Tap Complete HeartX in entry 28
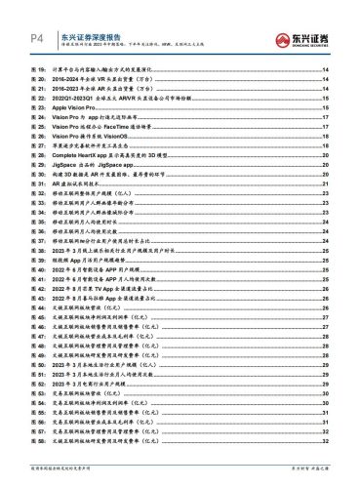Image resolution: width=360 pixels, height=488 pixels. pos(97,162)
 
